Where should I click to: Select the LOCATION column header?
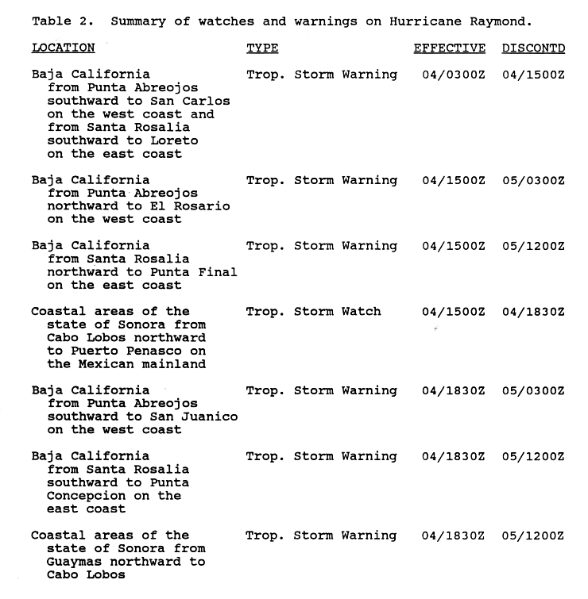pyautogui.click(x=64, y=48)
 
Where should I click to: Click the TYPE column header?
pyautogui.click(x=262, y=48)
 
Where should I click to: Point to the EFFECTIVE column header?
pyautogui.click(x=449, y=48)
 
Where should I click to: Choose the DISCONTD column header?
pyautogui.click(x=533, y=48)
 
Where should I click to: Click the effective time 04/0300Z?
pyautogui.click(x=453, y=75)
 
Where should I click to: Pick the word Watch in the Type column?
pyautogui.click(x=362, y=312)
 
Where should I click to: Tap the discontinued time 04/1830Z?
pyautogui.click(x=533, y=312)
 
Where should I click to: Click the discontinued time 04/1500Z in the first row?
pyautogui.click(x=533, y=75)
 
